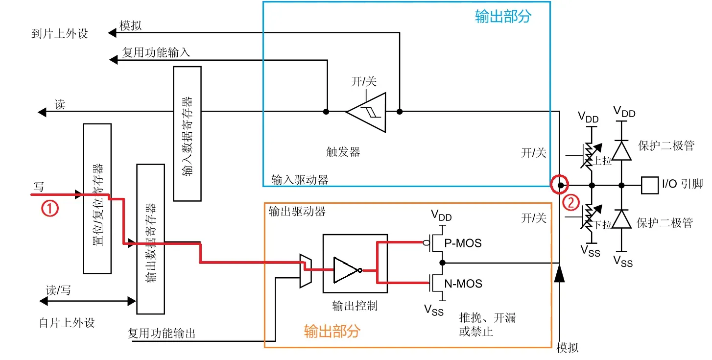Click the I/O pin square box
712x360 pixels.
(x=649, y=185)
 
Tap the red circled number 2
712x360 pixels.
(x=571, y=202)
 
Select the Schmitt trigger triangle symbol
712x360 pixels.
(x=367, y=112)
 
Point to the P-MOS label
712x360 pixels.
(x=463, y=242)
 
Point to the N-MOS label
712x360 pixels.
(x=463, y=284)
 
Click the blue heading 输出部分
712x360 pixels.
(x=503, y=17)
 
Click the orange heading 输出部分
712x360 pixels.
(x=332, y=331)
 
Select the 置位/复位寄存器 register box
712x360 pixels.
(x=97, y=198)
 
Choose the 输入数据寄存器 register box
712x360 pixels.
(x=187, y=133)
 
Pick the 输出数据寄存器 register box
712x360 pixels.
(x=150, y=239)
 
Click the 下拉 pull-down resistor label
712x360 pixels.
(x=603, y=225)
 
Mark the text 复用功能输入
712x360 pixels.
(x=156, y=52)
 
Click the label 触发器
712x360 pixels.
(x=343, y=152)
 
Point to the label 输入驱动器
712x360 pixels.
(x=300, y=180)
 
